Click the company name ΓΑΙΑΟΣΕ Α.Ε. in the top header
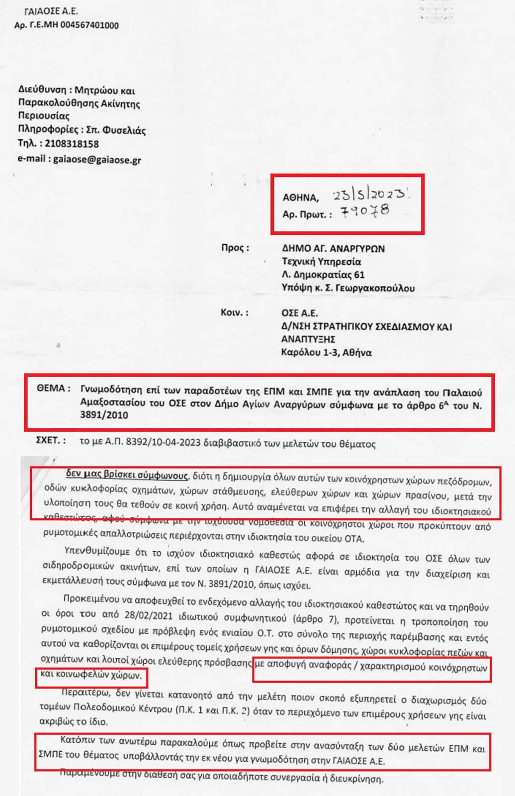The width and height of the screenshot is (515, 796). point(51,11)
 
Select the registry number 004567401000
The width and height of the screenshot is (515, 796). point(89,25)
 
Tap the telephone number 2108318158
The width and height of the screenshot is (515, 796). point(72,144)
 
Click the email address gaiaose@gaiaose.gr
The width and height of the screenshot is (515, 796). point(97,160)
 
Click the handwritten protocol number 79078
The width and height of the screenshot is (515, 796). point(365,211)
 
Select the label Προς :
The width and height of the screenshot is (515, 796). point(235,248)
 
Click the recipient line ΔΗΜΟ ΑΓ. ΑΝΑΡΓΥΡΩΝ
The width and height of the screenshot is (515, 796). point(333,248)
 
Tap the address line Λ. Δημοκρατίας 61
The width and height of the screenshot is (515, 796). point(323,275)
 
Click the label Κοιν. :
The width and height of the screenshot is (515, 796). point(235,313)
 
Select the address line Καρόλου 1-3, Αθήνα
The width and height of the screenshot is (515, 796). point(326,353)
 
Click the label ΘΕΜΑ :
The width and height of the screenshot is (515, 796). point(53,389)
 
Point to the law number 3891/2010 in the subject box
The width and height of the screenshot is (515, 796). point(104,415)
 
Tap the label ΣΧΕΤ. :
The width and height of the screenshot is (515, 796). point(51,440)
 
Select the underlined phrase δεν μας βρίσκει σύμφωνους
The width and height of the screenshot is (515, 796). point(127,475)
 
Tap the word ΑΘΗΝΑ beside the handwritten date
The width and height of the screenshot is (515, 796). point(300,198)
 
